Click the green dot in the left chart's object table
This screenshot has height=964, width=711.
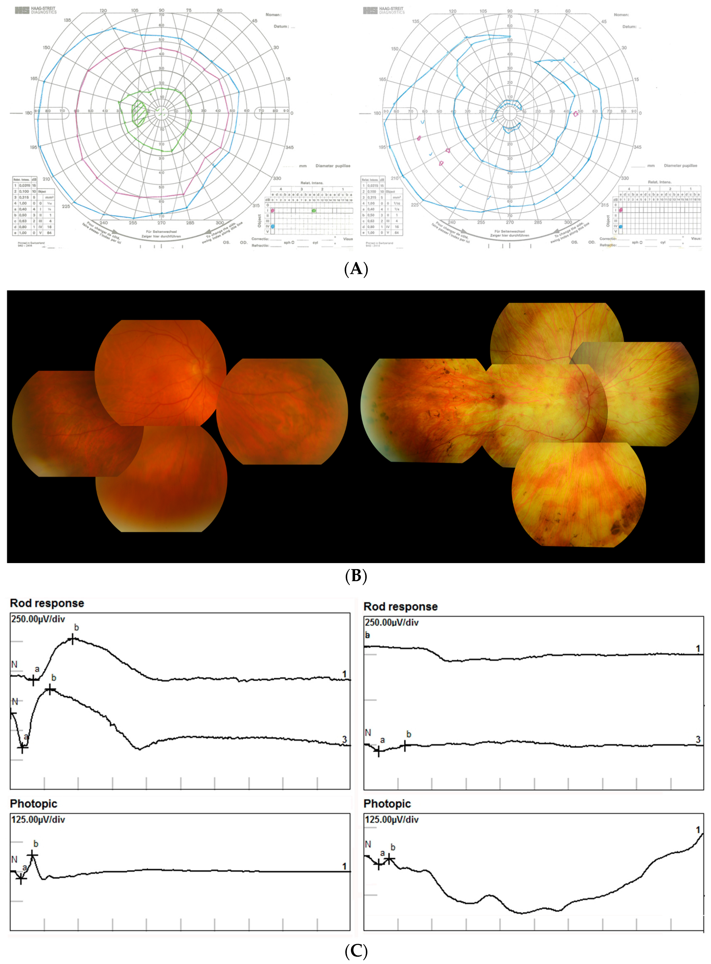[314, 210]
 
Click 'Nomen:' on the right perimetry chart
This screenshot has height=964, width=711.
[621, 15]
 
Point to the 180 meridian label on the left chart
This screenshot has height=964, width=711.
[28, 113]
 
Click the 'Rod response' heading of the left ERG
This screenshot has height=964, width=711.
[47, 603]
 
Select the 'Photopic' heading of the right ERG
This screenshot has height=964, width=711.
[387, 804]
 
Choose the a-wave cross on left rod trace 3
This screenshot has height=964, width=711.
[23, 748]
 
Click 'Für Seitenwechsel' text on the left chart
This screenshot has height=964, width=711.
[161, 232]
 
